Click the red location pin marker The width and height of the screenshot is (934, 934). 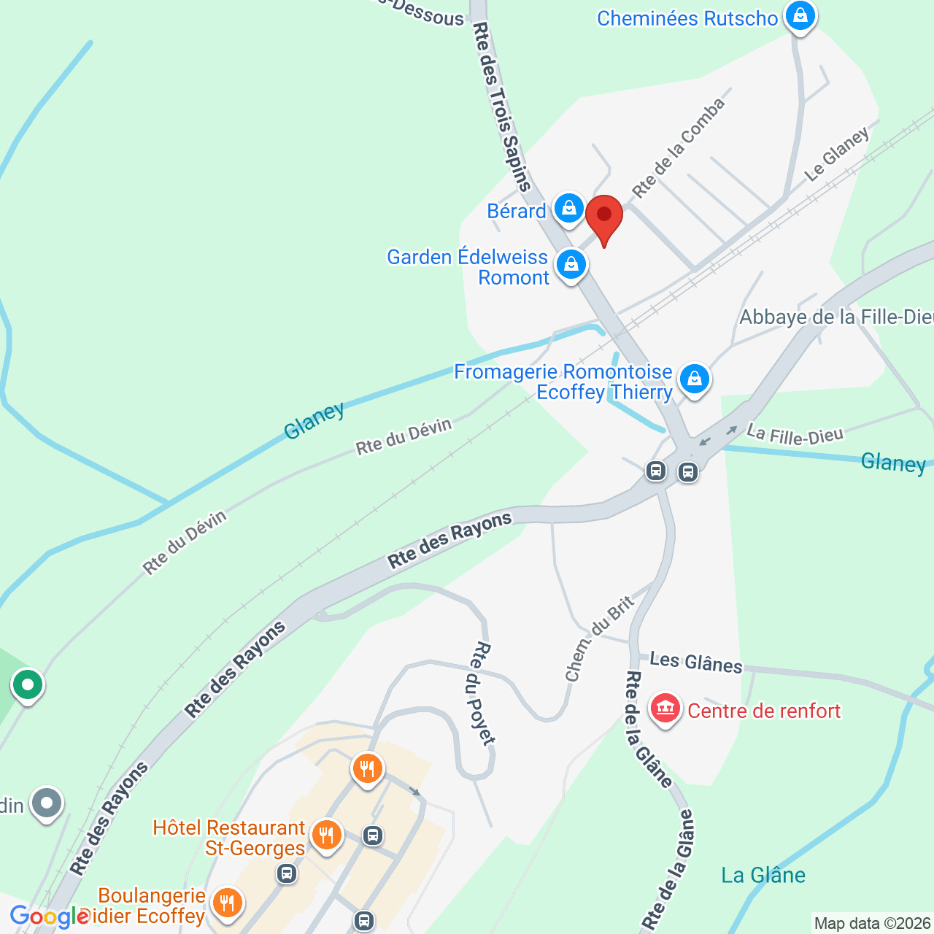coord(604,216)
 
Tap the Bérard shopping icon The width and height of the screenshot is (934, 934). coord(568,209)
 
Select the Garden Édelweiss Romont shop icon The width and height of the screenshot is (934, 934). coord(571,265)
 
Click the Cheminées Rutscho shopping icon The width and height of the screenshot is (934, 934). coord(800,15)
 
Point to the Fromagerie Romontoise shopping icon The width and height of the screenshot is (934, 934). coord(694,379)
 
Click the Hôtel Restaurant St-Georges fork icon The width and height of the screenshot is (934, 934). coord(326,835)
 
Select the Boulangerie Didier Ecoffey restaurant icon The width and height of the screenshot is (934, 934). coord(227,903)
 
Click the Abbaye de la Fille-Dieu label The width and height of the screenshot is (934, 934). coord(836,317)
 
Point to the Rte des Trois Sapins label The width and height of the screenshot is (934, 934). coord(501,106)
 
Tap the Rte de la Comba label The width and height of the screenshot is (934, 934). coord(679,148)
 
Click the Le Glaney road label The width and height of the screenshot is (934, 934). coord(837,154)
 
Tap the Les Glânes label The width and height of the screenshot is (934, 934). coord(695,663)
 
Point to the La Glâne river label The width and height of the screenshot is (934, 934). coord(763,875)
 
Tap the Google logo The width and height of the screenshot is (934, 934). coord(50,916)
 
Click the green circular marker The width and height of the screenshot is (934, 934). coord(28,685)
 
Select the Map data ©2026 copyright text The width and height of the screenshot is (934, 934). coord(872,924)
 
